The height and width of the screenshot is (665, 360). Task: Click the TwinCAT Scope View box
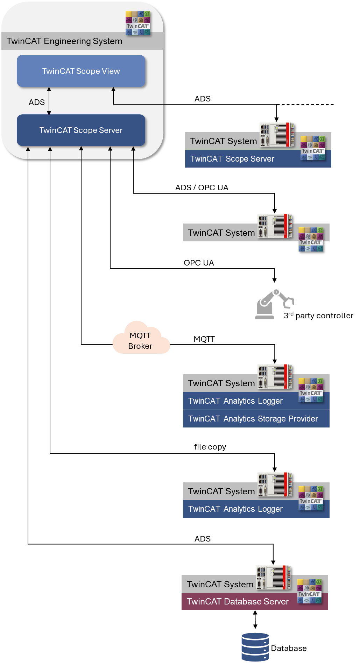click(x=81, y=71)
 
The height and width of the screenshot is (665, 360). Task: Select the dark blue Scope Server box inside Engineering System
click(x=81, y=130)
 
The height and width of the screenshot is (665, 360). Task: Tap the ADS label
click(x=37, y=102)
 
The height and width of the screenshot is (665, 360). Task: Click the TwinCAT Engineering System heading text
click(x=64, y=41)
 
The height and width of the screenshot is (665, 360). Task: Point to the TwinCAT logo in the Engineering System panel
click(x=138, y=23)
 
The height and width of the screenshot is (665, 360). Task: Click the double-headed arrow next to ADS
click(x=49, y=101)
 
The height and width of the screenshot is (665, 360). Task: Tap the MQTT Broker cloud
click(x=141, y=339)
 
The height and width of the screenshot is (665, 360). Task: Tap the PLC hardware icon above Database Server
click(x=273, y=577)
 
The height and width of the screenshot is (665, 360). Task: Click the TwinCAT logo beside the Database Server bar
click(x=309, y=591)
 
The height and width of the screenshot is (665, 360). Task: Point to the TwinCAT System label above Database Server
click(x=220, y=584)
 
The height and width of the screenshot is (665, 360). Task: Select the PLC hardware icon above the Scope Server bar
click(x=276, y=134)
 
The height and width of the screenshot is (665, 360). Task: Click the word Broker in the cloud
click(x=140, y=346)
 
